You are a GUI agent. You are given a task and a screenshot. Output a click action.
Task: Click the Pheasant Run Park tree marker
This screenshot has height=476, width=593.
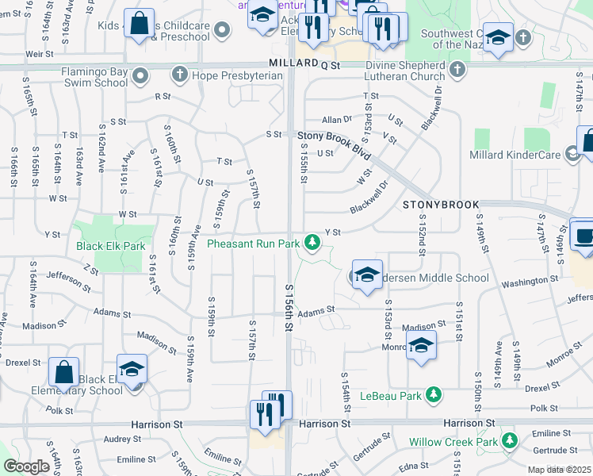[313, 242]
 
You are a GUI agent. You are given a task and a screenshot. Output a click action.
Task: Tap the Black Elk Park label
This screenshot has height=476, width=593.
[111, 246]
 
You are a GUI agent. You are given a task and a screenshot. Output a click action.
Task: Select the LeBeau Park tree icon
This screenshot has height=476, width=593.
[433, 394]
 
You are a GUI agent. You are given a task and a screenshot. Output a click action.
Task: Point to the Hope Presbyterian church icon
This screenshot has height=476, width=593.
[180, 75]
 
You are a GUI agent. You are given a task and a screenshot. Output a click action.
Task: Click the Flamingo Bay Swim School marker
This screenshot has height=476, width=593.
[141, 76]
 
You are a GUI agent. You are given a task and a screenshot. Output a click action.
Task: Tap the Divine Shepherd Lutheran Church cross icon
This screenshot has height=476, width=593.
[457, 70]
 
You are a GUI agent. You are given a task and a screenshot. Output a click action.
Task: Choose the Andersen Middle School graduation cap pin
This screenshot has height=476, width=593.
[367, 275]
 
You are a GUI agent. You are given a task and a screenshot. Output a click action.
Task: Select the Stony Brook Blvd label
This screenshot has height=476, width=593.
[335, 136]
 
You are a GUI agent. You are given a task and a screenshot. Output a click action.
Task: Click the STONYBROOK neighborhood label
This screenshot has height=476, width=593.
[441, 205]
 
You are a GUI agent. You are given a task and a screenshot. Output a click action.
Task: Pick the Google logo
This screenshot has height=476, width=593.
[26, 466]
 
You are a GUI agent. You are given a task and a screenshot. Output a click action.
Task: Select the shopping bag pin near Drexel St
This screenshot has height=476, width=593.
[63, 372]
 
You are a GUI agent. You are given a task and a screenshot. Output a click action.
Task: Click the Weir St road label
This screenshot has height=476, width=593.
[39, 53]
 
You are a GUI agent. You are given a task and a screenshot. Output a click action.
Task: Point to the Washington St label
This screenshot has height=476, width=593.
[530, 282]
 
